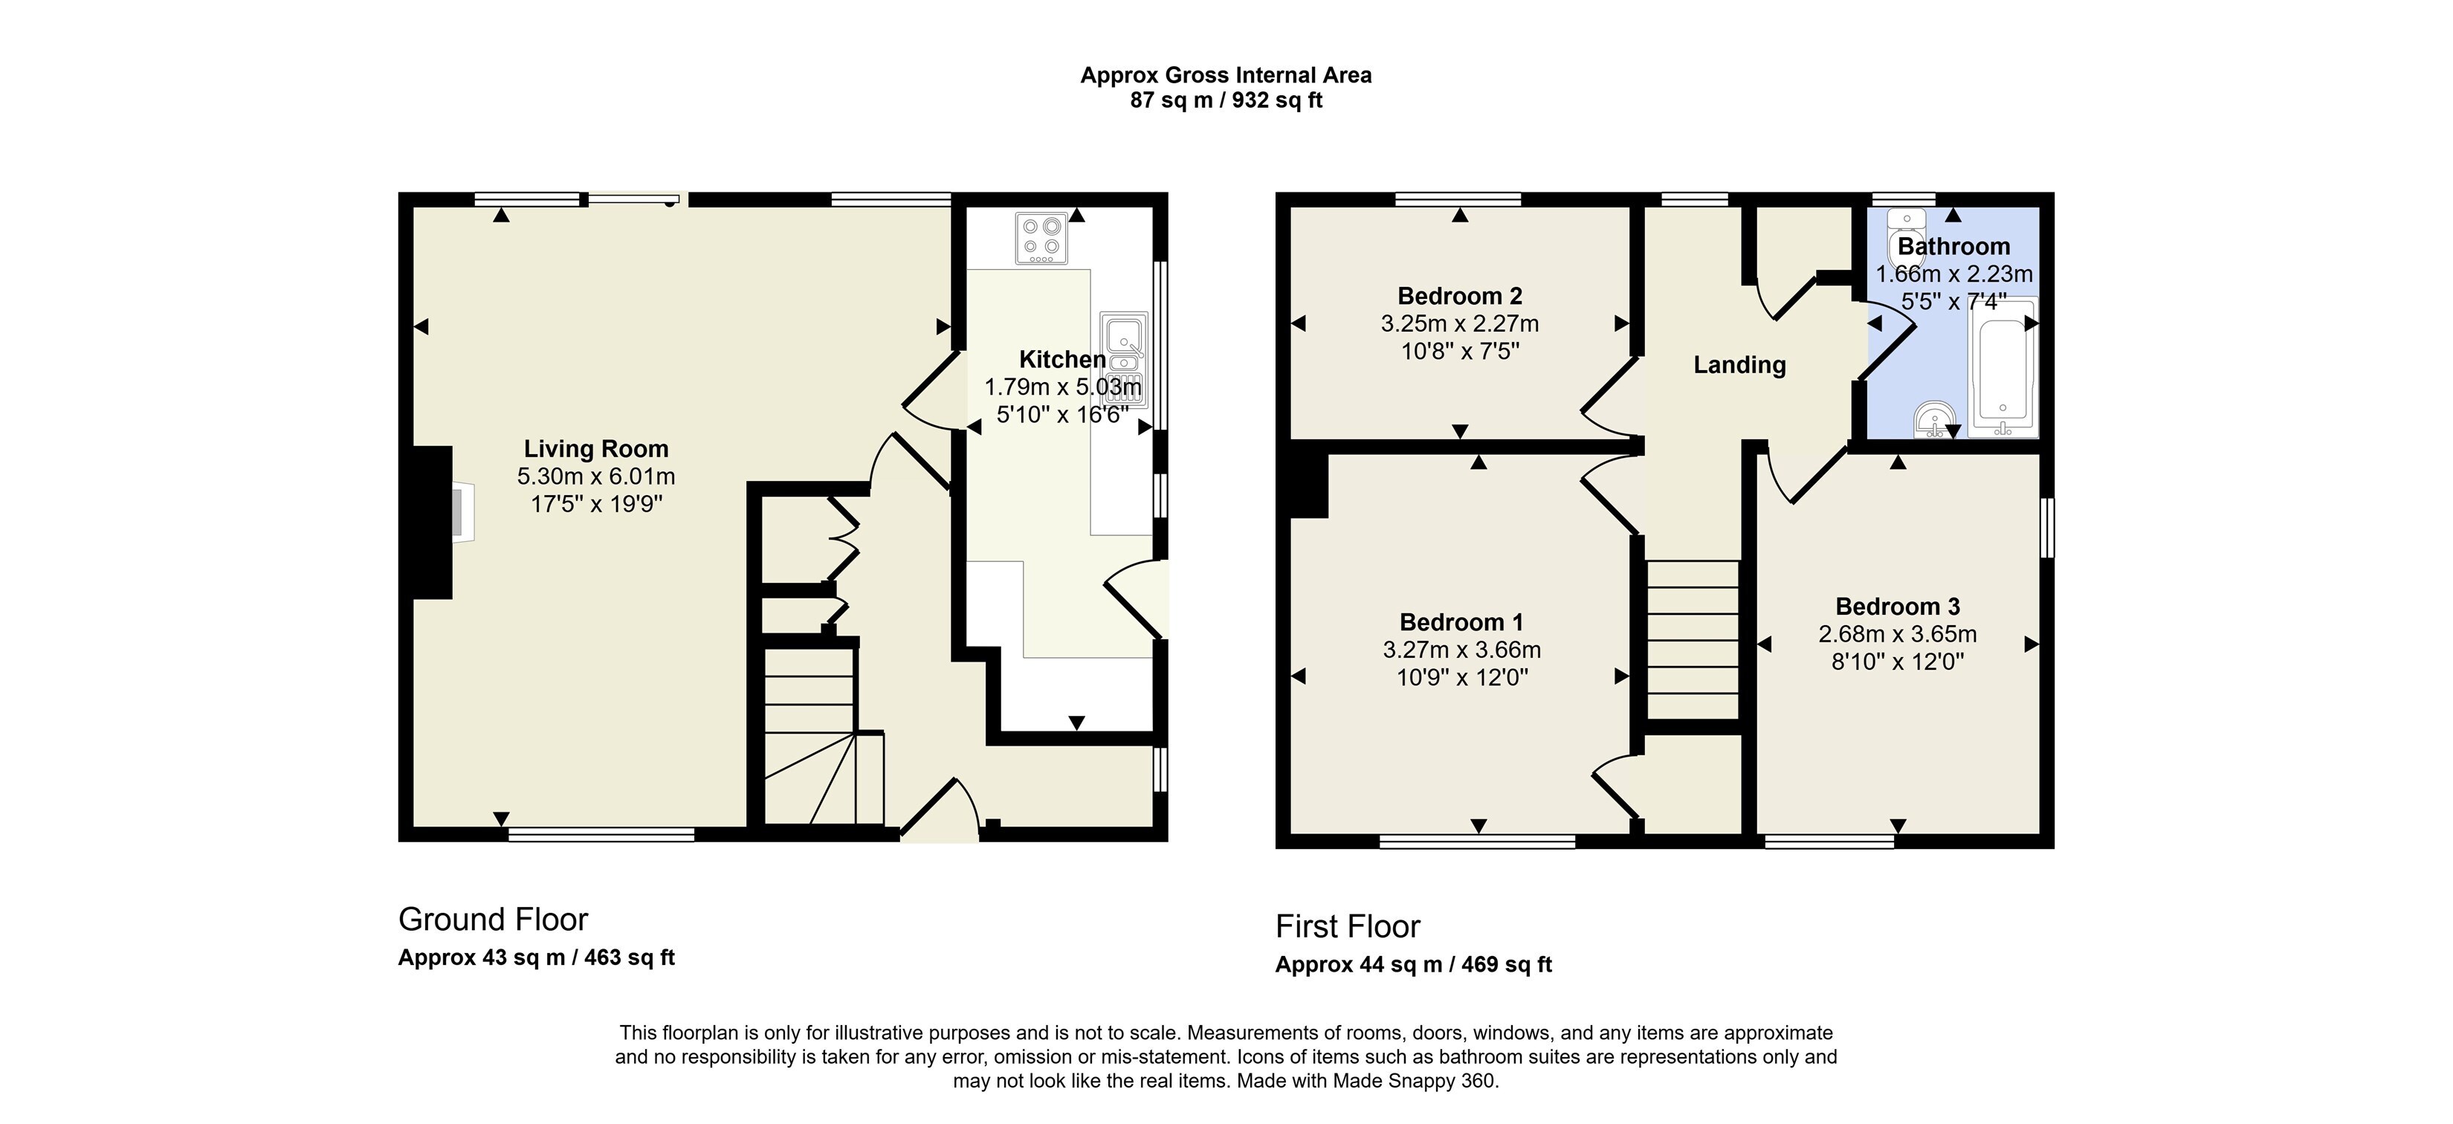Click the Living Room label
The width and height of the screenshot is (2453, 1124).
(596, 449)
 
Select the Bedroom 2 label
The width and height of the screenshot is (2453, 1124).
(1460, 297)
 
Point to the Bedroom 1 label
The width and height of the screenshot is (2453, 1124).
(1461, 623)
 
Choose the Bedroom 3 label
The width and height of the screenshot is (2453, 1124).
(1898, 607)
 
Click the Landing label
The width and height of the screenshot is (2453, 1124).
(1739, 365)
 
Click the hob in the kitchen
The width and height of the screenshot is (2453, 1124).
(1041, 238)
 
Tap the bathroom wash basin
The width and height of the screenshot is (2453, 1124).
(1935, 420)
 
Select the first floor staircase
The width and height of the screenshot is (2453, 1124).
(1694, 639)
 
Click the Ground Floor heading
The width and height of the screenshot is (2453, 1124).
(494, 920)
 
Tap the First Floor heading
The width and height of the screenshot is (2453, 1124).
(1348, 926)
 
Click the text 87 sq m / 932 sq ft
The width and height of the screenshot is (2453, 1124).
(1226, 100)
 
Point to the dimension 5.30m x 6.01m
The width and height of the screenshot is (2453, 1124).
(596, 477)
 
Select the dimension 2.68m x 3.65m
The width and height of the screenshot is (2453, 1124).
(1898, 634)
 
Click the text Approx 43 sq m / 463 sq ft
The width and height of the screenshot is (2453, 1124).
(536, 957)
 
